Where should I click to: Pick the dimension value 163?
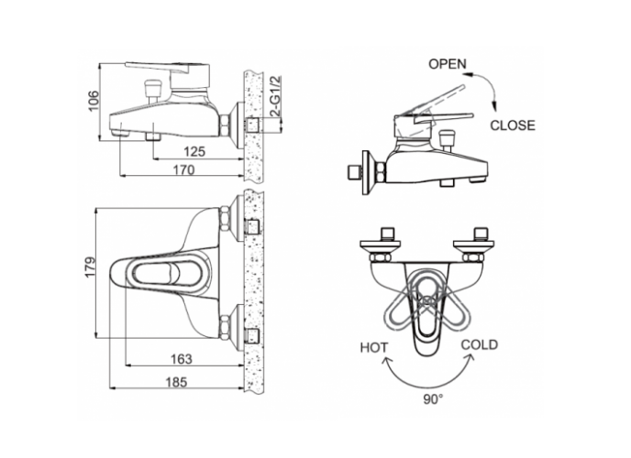pyautogui.click(x=181, y=358)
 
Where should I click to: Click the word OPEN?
pyautogui.click(x=447, y=65)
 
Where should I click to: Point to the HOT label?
pyautogui.click(x=372, y=348)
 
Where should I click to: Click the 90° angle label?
pyautogui.click(x=432, y=399)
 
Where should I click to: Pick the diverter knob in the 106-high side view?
pyautogui.click(x=153, y=90)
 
